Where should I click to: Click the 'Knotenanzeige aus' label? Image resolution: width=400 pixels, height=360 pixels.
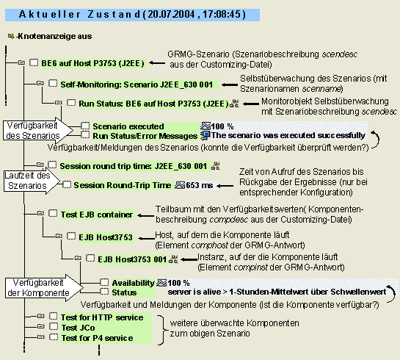(x=55, y=35)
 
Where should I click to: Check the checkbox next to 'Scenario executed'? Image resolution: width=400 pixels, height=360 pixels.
(x=86, y=126)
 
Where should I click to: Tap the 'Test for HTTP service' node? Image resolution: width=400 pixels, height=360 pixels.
(x=102, y=317)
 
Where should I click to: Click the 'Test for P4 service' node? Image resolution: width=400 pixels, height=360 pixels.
(x=96, y=337)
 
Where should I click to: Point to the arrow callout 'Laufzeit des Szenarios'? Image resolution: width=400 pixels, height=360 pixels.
(x=29, y=180)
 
